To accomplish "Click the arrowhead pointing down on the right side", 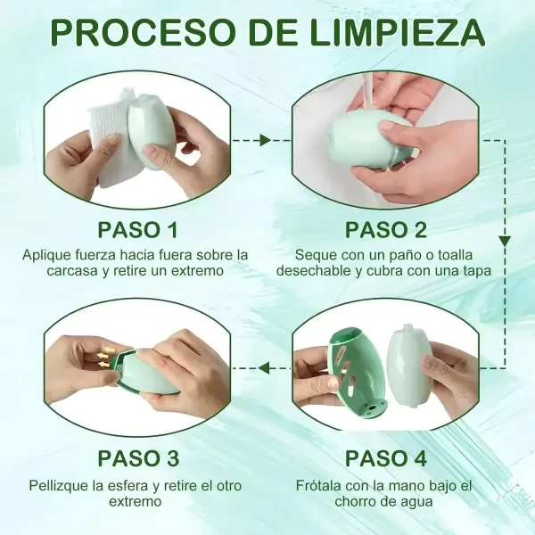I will pos(505,241).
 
